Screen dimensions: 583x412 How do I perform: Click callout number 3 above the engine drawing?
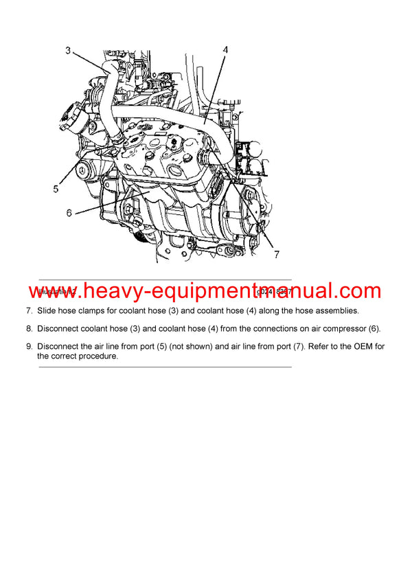point(68,50)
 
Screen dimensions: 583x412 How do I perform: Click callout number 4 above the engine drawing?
point(225,50)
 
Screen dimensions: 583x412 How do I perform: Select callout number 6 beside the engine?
point(69,213)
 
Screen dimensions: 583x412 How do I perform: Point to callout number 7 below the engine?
point(276,255)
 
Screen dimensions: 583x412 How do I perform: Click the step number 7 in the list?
point(28,311)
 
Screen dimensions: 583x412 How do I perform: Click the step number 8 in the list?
point(28,329)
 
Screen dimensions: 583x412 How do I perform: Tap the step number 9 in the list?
point(28,347)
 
